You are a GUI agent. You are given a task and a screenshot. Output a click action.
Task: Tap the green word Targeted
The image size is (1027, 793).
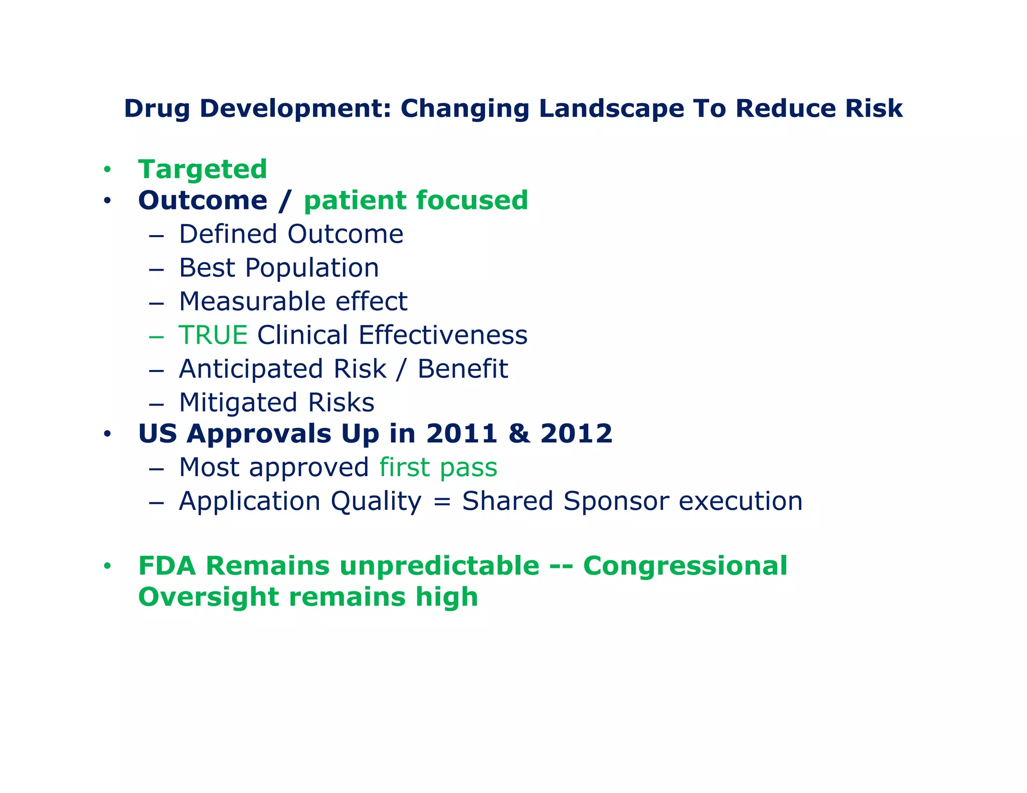click(203, 169)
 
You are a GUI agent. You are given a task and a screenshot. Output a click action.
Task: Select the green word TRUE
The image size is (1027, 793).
click(213, 335)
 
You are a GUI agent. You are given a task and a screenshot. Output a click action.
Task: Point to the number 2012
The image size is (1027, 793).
click(576, 434)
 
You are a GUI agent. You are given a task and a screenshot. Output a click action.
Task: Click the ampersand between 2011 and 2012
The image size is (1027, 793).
click(519, 434)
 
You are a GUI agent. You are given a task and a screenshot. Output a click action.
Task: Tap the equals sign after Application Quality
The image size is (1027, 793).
click(441, 501)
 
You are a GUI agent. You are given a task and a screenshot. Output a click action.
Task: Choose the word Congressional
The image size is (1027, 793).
click(685, 566)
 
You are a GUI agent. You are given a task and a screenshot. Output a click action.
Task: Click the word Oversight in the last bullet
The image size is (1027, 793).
click(209, 598)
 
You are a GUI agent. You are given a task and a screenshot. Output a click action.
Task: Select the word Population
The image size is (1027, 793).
click(312, 268)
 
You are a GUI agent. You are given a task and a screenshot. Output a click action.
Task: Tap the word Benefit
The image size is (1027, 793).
click(462, 369)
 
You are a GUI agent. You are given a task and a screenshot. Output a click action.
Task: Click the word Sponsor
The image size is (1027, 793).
click(616, 501)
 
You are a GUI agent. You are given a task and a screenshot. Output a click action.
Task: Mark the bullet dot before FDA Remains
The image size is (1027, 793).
click(107, 567)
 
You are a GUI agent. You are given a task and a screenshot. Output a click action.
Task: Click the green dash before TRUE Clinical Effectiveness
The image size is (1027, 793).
click(156, 336)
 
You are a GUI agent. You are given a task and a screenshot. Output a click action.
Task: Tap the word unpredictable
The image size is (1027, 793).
click(439, 566)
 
